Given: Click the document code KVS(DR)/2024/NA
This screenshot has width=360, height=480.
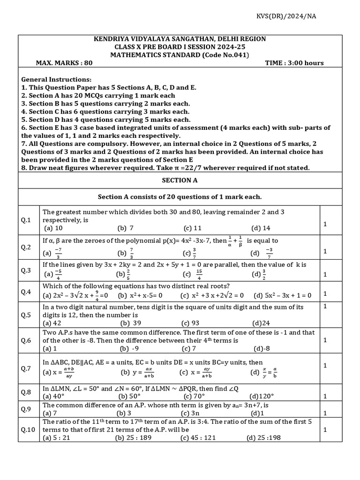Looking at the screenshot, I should click(292, 16).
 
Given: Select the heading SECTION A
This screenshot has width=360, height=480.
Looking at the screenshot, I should click(176, 180).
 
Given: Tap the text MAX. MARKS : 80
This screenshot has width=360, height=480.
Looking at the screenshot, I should click(64, 63).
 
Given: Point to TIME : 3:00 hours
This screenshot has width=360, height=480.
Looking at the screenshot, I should click(294, 63).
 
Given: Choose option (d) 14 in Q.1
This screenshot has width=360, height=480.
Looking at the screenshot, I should click(261, 228).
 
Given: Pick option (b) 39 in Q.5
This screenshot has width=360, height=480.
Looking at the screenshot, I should click(131, 323).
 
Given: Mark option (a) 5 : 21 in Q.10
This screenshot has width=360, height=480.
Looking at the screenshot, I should click(57, 438).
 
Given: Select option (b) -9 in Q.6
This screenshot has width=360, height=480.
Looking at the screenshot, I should click(130, 348).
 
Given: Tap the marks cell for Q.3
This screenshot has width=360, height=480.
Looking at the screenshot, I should click(325, 274).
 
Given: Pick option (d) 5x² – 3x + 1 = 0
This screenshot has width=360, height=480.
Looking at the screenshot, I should click(283, 295).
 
